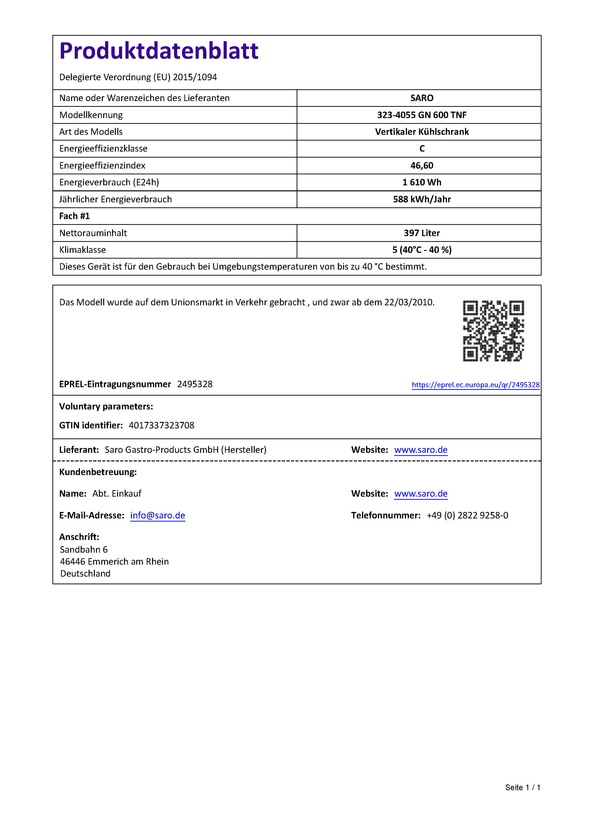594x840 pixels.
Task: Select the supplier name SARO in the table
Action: (x=422, y=98)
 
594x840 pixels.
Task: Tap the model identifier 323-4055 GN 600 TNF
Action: (x=422, y=115)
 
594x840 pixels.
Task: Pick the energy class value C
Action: (x=422, y=148)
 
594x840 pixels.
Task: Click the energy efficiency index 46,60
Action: (x=422, y=165)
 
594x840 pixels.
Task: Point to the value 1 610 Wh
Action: (x=422, y=182)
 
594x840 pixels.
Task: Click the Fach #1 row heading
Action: (x=75, y=216)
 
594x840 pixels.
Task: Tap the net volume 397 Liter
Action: (x=422, y=233)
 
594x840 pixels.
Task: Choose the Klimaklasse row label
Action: (x=83, y=250)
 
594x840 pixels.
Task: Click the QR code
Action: (x=493, y=331)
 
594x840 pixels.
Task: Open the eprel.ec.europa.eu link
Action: (x=475, y=385)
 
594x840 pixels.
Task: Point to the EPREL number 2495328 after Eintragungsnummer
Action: (x=195, y=384)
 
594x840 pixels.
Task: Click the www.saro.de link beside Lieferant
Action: (x=421, y=450)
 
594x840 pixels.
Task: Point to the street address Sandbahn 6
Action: (x=84, y=550)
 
